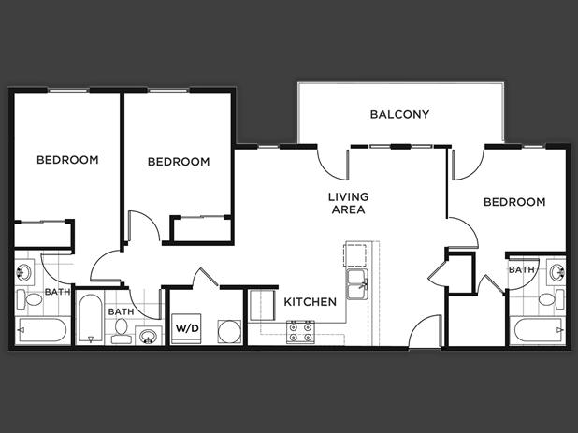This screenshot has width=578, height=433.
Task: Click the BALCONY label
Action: click(x=399, y=115)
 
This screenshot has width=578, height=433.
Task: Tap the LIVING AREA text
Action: click(x=348, y=203)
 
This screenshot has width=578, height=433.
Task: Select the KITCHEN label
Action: click(x=310, y=302)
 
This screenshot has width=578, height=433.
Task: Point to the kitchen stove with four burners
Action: click(x=299, y=331)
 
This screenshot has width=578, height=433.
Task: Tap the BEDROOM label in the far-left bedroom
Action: click(x=67, y=160)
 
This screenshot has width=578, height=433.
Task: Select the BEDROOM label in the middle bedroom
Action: click(x=179, y=162)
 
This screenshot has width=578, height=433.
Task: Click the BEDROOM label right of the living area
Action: click(x=514, y=202)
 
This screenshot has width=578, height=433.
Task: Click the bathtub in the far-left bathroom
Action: click(x=42, y=330)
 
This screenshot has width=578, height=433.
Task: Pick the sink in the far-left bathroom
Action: click(x=25, y=274)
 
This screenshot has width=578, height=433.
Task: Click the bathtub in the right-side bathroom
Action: click(x=537, y=330)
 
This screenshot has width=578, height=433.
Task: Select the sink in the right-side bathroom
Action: click(x=556, y=273)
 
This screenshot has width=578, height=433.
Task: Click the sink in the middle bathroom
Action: click(x=147, y=335)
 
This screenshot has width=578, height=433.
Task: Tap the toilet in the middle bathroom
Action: click(x=121, y=330)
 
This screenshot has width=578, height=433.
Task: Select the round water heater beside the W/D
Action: click(x=227, y=330)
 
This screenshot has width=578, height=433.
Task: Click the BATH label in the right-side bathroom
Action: click(x=522, y=269)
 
